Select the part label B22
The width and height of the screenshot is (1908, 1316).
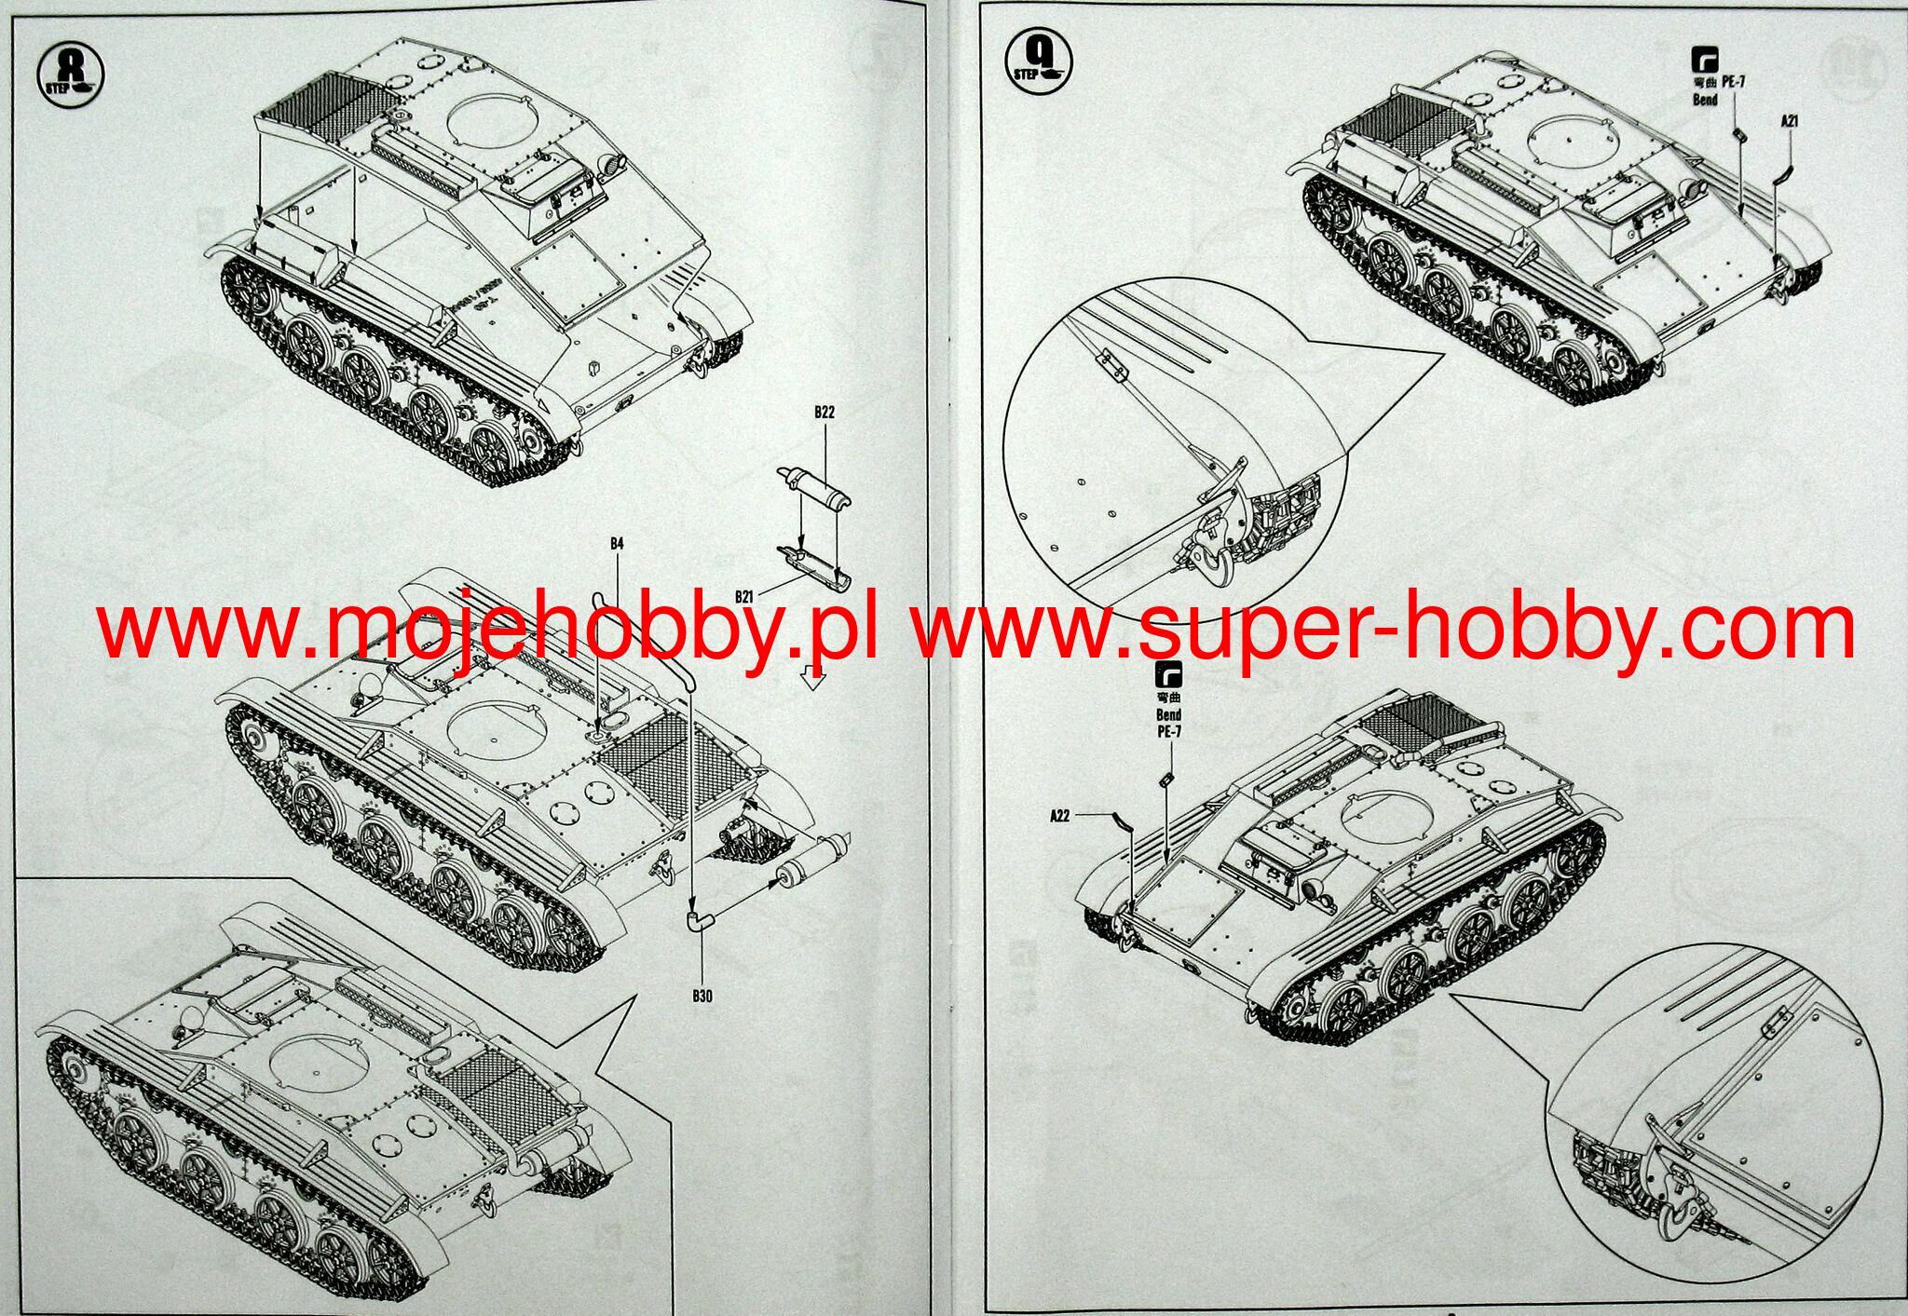824,413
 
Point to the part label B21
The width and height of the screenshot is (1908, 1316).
744,596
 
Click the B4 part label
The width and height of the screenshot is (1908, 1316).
617,543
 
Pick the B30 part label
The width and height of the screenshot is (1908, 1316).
702,996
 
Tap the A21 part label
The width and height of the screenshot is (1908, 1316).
1789,121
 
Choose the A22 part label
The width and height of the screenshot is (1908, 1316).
1059,816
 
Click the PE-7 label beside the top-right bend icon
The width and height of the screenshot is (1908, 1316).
1733,82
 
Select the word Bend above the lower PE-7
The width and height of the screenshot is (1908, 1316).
1168,714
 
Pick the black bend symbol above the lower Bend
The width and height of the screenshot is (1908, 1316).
1167,675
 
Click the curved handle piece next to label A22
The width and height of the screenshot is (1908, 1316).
1122,821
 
